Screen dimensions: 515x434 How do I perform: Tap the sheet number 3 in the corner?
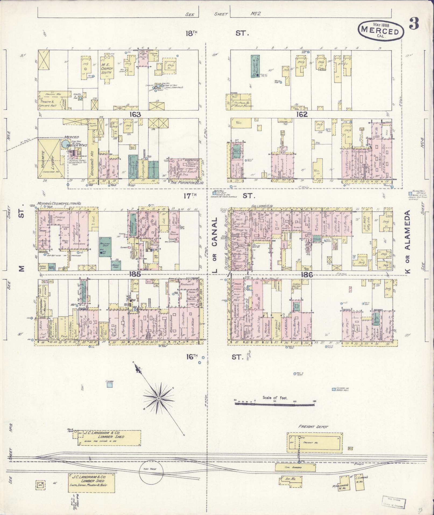[x=414, y=24]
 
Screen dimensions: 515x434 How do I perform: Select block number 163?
[x=135, y=115]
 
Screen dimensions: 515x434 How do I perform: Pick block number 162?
[x=302, y=115]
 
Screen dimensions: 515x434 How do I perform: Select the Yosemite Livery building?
[x=51, y=159]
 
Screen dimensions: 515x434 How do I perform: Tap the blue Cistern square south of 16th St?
[x=110, y=385]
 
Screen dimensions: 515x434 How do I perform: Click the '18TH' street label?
[x=191, y=33]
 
